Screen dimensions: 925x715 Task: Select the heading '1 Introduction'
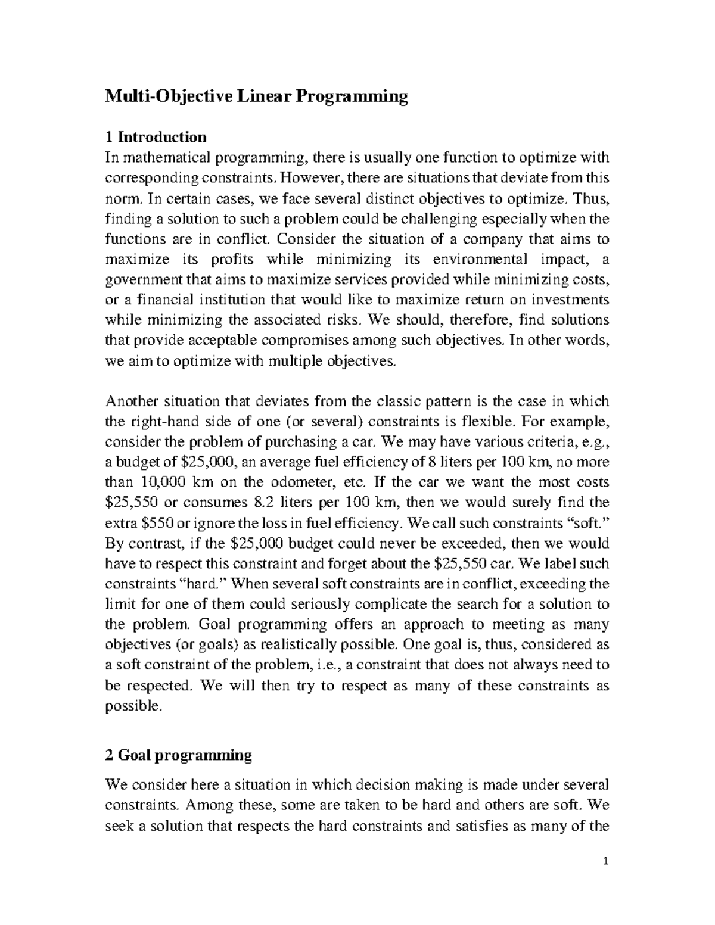point(156,137)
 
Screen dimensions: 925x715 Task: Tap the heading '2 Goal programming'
point(178,755)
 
